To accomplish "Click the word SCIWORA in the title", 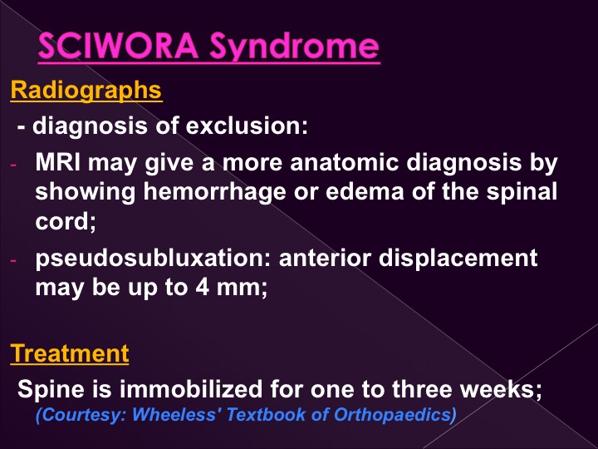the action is click(x=118, y=46).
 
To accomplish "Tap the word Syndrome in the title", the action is click(x=294, y=47).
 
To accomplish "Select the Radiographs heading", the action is click(x=86, y=91).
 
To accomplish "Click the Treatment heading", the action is click(x=70, y=353).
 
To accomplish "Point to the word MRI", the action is click(x=57, y=162).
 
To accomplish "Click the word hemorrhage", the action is click(x=214, y=193).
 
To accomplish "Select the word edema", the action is click(x=365, y=191).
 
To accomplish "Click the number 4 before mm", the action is click(x=202, y=287).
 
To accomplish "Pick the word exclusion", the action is click(x=247, y=126).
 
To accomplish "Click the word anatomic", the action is click(x=345, y=162).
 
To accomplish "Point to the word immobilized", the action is click(x=191, y=389).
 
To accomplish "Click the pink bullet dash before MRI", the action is click(x=13, y=165).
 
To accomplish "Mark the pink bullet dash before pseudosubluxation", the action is click(x=13, y=260).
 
